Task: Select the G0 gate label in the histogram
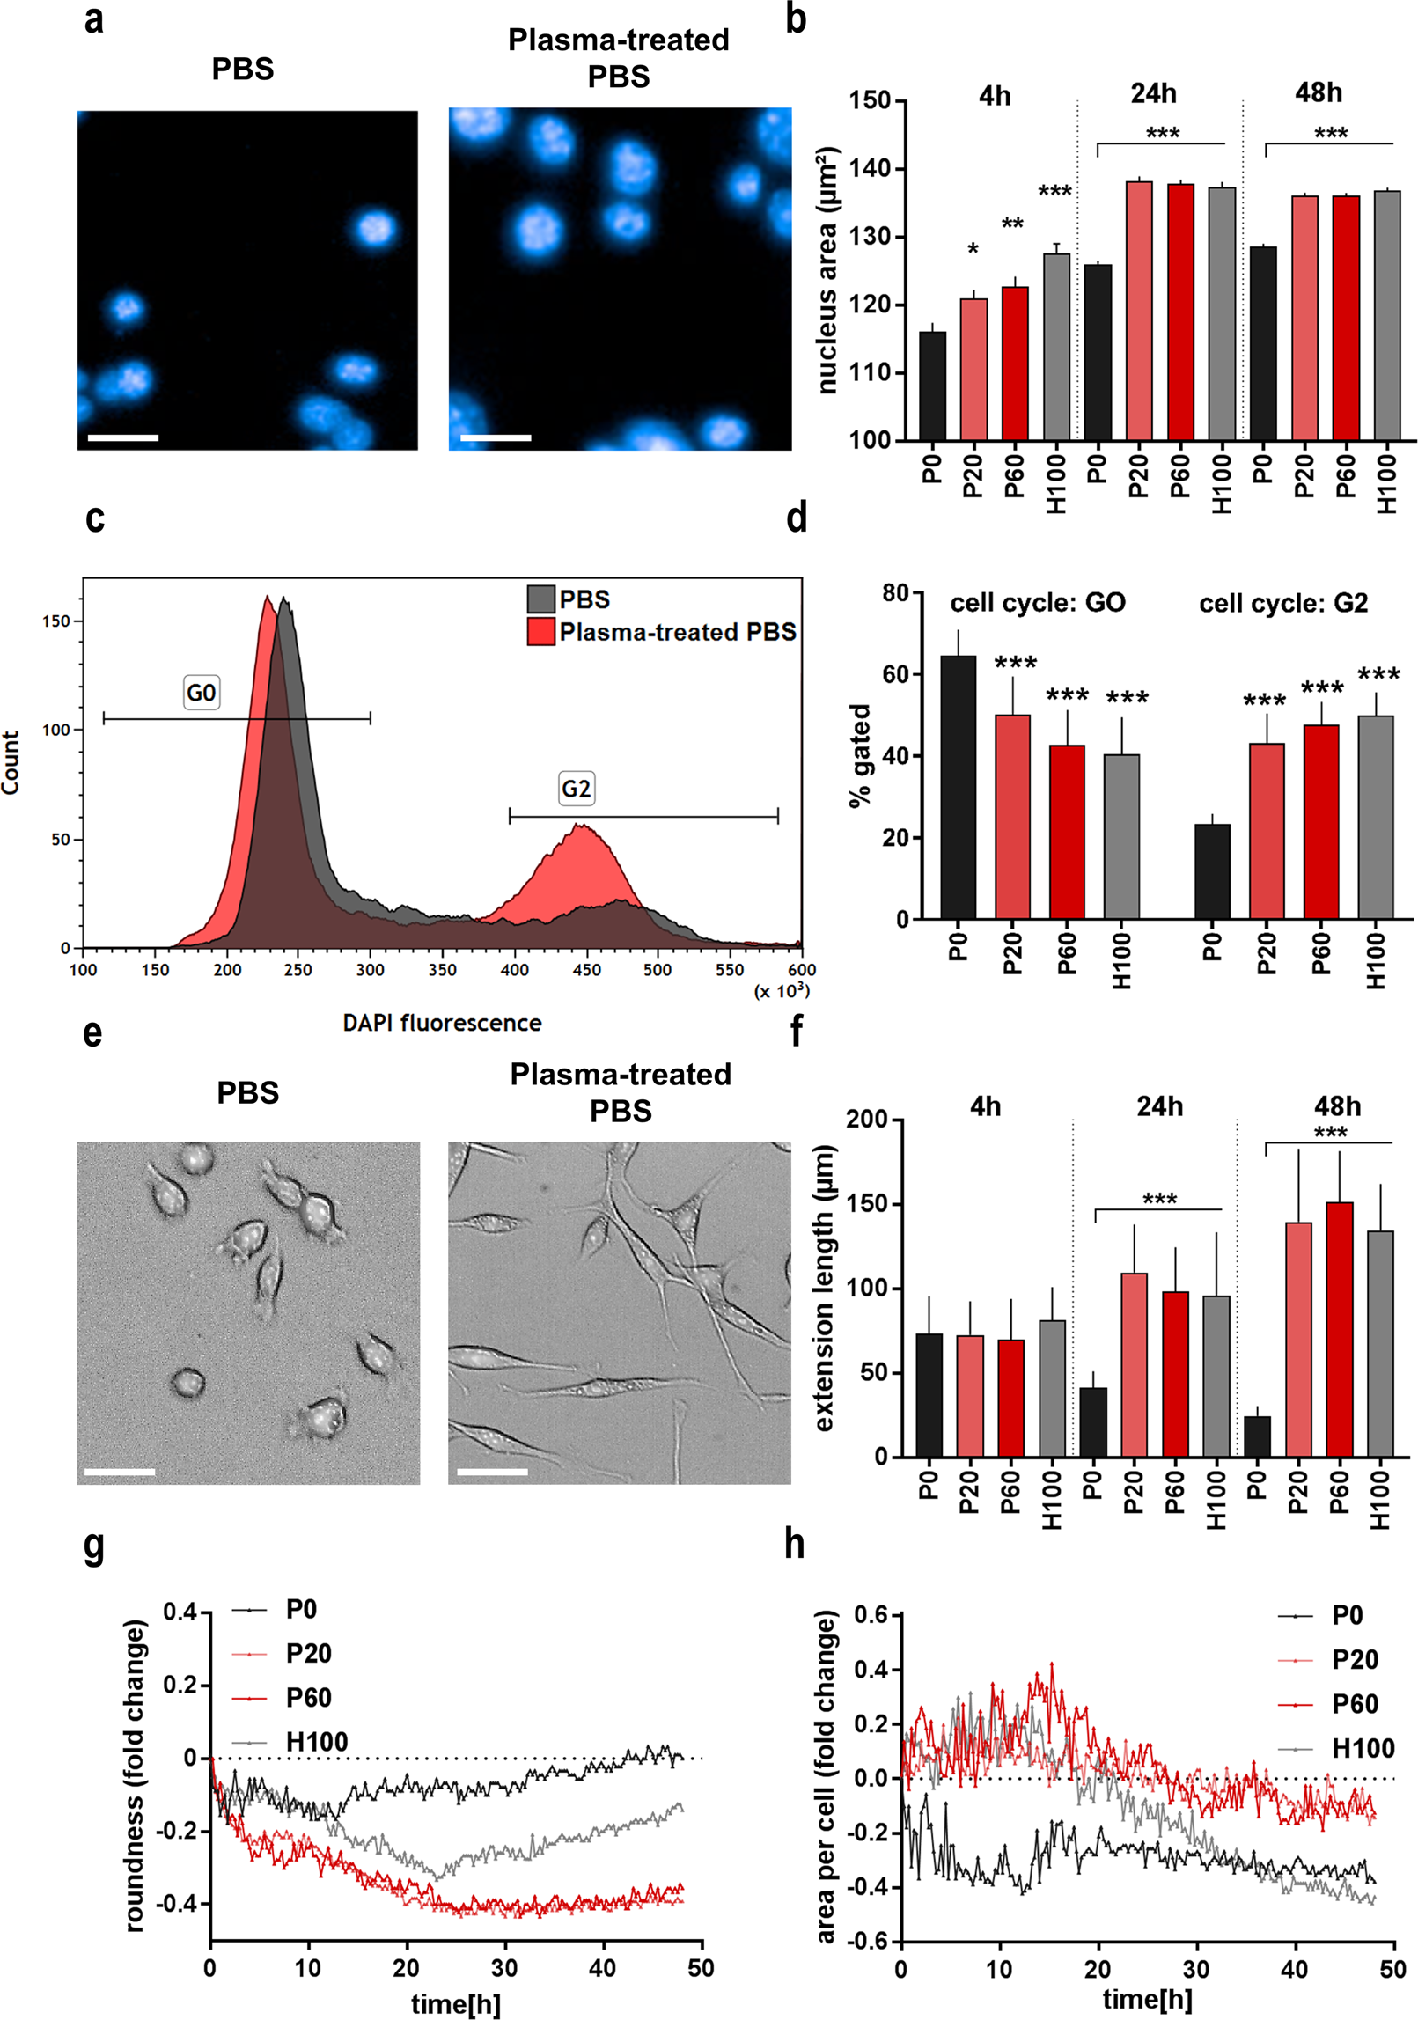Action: pos(201,693)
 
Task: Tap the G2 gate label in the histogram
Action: pos(576,788)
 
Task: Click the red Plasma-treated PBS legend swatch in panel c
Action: pos(540,632)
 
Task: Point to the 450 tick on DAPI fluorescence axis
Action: pos(586,969)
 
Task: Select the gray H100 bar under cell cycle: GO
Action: pos(1121,836)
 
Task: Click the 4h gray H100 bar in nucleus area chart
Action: pos(1056,347)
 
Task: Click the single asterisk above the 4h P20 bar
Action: pos(973,251)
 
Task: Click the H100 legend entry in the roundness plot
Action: pos(316,1742)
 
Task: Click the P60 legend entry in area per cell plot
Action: pos(1354,1704)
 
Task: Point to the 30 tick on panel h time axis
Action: pos(1196,1969)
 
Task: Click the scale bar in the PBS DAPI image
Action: pos(123,437)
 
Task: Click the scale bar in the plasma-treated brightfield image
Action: pos(492,1472)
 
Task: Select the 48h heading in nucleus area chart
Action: pos(1318,92)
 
